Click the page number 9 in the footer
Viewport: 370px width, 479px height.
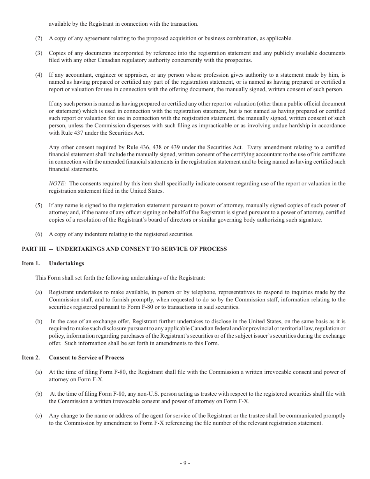click(x=185, y=463)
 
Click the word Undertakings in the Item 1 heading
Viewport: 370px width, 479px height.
click(x=67, y=263)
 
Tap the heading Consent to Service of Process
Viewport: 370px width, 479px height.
click(x=86, y=357)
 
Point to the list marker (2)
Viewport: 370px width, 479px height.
click(x=39, y=38)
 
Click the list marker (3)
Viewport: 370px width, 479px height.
click(x=39, y=53)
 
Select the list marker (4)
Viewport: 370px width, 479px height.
click(x=39, y=75)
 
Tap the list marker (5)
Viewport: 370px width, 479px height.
click(x=39, y=205)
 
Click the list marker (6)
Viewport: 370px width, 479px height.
click(x=39, y=234)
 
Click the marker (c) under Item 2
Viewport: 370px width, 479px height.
click(x=39, y=416)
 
